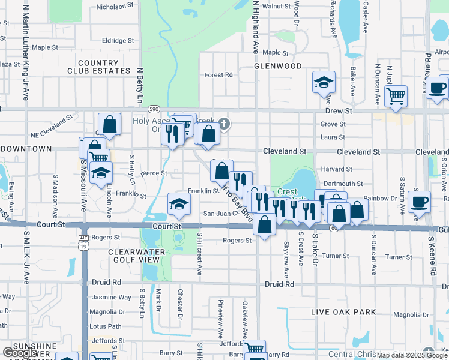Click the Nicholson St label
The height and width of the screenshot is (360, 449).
click(x=115, y=6)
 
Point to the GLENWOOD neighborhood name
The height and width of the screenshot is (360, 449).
click(x=277, y=65)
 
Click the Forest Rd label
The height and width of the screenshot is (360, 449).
click(x=218, y=75)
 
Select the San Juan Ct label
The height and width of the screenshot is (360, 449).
click(x=217, y=213)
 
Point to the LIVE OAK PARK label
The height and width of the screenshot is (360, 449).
click(x=344, y=312)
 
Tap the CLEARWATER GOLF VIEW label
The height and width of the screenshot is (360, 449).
click(x=134, y=256)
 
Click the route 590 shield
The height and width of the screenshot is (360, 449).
click(x=154, y=109)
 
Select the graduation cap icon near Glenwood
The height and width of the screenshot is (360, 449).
click(x=324, y=82)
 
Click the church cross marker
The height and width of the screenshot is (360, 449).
click(x=224, y=124)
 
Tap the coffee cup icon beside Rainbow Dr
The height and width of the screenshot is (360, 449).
click(x=418, y=200)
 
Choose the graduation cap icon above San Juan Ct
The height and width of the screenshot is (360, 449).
click(x=178, y=203)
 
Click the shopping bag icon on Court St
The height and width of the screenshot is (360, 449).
click(x=264, y=224)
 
